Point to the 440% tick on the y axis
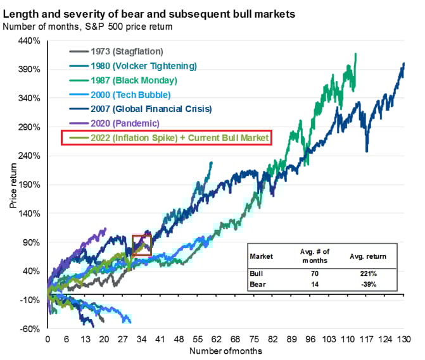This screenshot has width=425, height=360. pyautogui.click(x=29, y=41)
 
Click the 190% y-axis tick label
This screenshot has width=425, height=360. pyautogui.click(x=29, y=185)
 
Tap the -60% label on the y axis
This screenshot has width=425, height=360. pyautogui.click(x=30, y=329)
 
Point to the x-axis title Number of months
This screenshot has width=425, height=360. pyautogui.click(x=225, y=350)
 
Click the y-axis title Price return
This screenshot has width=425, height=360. pyautogui.click(x=13, y=184)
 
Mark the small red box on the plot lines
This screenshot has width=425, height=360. pyautogui.click(x=142, y=245)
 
